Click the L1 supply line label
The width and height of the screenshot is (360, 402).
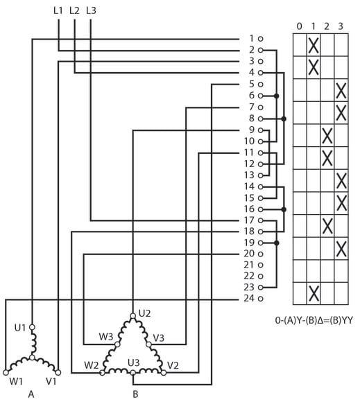[58, 10]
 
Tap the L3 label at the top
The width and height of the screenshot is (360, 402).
[91, 10]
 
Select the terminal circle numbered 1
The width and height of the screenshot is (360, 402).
[260, 39]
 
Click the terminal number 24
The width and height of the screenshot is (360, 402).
[248, 299]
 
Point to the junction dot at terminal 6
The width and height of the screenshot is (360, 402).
[276, 96]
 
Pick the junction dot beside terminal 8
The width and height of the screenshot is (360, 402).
[284, 119]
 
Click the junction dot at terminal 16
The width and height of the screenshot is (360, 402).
[284, 209]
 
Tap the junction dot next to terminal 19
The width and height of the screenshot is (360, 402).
[276, 243]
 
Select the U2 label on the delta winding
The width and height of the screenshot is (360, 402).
[145, 313]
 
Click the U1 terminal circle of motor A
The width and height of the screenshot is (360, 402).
[32, 327]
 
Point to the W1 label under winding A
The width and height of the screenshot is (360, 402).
[16, 381]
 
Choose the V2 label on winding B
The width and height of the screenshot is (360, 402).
[173, 365]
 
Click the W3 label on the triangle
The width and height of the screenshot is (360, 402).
[106, 337]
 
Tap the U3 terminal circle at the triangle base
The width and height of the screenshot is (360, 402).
[133, 372]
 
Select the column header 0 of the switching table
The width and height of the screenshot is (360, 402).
[299, 26]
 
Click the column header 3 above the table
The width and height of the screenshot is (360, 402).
[341, 26]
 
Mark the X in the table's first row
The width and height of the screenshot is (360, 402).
[314, 45]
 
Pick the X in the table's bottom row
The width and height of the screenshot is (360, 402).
[314, 294]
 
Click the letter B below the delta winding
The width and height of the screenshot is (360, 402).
[135, 394]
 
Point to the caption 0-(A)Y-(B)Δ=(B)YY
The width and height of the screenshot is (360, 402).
[314, 320]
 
